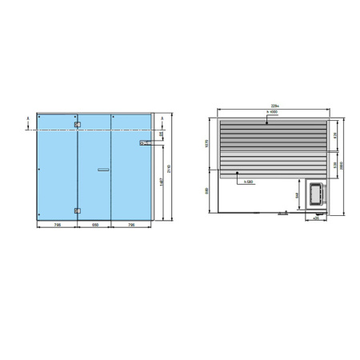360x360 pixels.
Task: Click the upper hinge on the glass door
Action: coord(77,124)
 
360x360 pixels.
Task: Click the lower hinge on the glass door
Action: coord(77,210)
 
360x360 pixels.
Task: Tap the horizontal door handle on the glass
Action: coord(102,170)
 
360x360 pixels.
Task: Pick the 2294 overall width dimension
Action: coord(274,107)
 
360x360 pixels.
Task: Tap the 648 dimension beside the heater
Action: coord(298,194)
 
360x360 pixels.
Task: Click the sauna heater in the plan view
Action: coord(316,195)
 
